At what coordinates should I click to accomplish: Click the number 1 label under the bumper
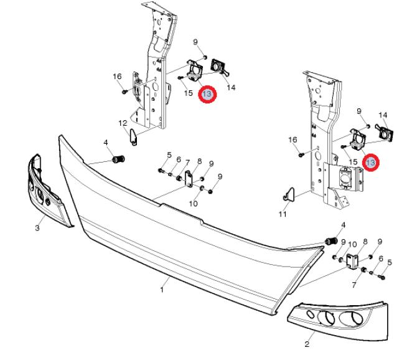(162, 290)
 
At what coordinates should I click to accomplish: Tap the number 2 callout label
(307, 344)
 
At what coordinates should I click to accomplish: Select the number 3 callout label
(37, 228)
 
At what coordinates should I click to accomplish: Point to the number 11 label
(283, 214)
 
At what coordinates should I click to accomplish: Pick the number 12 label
(123, 123)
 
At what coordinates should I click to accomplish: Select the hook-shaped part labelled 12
(134, 136)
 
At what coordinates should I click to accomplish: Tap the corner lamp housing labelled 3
(47, 189)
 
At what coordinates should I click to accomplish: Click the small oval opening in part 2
(310, 315)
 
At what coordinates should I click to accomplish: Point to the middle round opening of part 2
(326, 318)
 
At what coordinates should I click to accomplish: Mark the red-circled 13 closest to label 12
(207, 94)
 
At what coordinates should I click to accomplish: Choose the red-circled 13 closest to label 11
(371, 163)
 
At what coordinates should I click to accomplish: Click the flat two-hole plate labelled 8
(188, 179)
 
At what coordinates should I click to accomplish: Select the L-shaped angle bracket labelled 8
(353, 262)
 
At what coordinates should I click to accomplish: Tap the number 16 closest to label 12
(117, 77)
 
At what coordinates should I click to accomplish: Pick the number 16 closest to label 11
(293, 140)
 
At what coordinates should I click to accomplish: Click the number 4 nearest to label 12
(106, 143)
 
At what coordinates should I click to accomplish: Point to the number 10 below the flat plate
(193, 204)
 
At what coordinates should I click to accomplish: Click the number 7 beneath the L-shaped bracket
(354, 285)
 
